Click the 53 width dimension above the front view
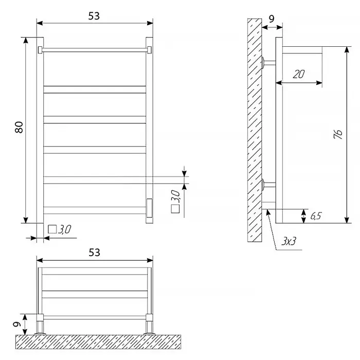point(94,16)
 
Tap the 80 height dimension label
point(19,127)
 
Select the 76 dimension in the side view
point(338,134)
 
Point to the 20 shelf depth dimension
point(299,74)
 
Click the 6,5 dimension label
point(316,216)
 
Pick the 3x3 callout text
point(289,241)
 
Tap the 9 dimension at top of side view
point(272,19)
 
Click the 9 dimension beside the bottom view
point(17,324)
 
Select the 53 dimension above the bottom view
point(94,253)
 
